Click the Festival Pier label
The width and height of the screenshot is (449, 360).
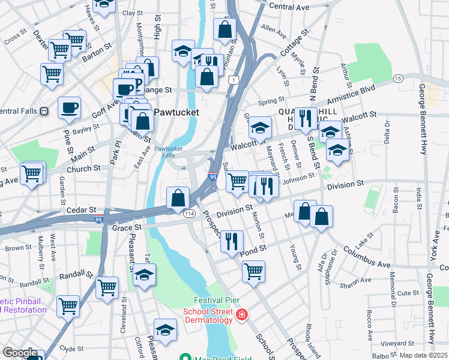[214, 300]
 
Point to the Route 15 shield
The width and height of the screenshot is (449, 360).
[397, 79]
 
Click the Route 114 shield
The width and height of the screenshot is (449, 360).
[189, 214]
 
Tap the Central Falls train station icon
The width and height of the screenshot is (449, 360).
[44, 111]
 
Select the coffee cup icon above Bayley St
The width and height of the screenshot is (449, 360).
[69, 108]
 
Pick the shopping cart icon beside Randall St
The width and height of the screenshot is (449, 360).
[107, 287]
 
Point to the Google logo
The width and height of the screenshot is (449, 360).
[20, 353]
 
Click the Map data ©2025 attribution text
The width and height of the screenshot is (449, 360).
[423, 355]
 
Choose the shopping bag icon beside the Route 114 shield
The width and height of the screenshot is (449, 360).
[178, 197]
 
